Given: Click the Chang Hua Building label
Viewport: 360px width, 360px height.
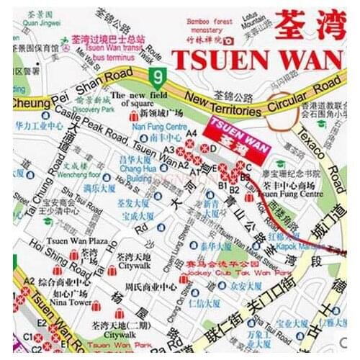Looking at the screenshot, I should point(135,168).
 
